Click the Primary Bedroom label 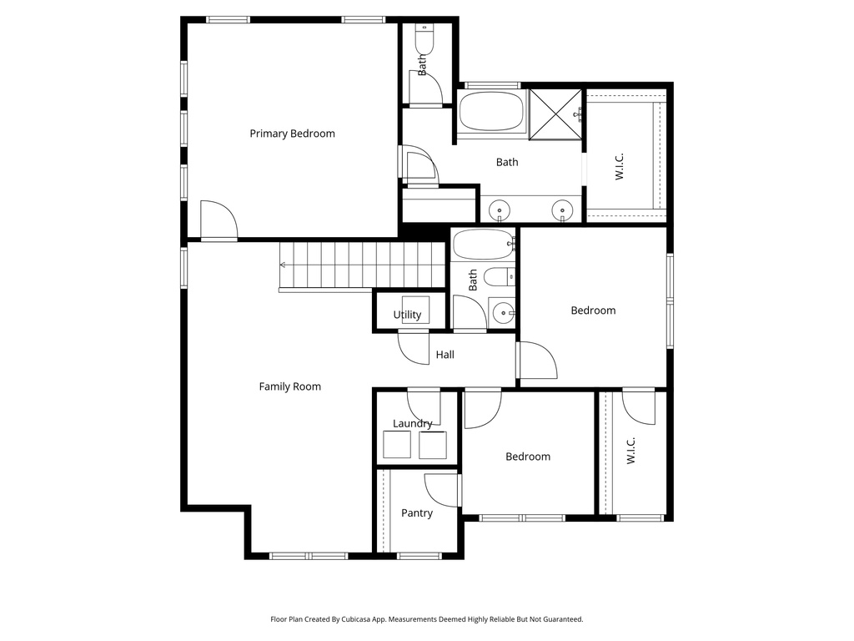point(292,134)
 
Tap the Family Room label point(289,386)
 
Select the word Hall point(445,355)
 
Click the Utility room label point(407,315)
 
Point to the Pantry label point(417,513)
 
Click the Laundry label point(412,423)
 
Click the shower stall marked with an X point(555,114)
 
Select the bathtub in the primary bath point(491,111)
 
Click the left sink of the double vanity point(499,209)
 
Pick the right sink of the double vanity point(562,209)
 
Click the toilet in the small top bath point(424,40)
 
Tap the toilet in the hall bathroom point(500,277)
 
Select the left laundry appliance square point(397,445)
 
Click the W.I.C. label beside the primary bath point(620,167)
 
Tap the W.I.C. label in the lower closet point(630,451)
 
